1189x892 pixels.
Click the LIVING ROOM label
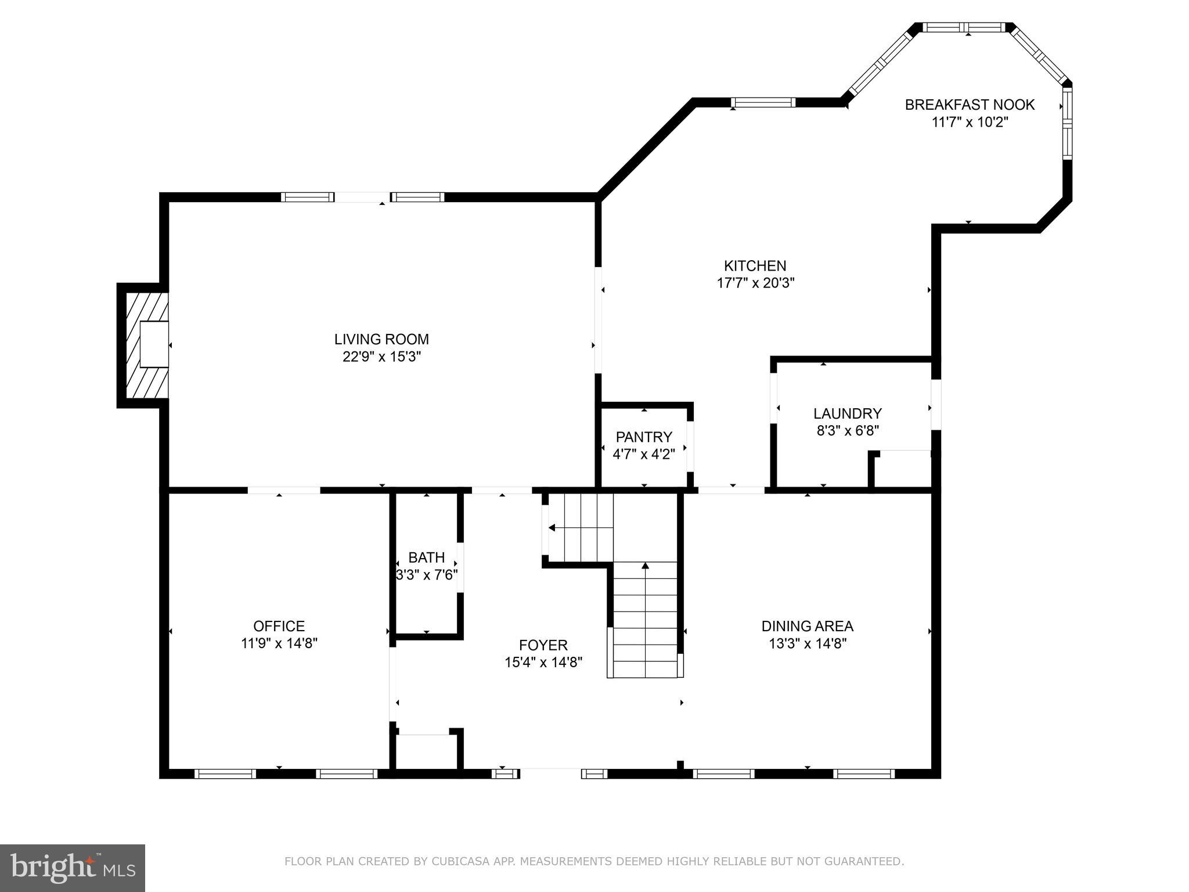(x=381, y=339)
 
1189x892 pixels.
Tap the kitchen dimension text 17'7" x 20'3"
(x=755, y=283)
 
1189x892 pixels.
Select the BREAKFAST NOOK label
(x=970, y=105)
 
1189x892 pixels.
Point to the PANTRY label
(x=644, y=437)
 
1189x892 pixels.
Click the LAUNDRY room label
(x=847, y=413)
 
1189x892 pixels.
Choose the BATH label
(x=426, y=557)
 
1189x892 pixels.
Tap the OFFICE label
(x=279, y=626)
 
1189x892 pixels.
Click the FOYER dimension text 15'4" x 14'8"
(x=543, y=663)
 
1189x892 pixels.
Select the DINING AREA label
(x=807, y=626)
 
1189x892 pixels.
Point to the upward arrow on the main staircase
(x=645, y=566)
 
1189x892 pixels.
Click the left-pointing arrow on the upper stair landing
(x=552, y=528)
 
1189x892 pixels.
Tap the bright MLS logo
(x=73, y=868)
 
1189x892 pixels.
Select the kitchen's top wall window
(x=763, y=103)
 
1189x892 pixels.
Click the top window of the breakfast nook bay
(x=963, y=27)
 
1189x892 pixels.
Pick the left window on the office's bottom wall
(x=225, y=774)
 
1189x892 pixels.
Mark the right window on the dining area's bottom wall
(x=864, y=774)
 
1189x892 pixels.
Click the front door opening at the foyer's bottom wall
(x=550, y=774)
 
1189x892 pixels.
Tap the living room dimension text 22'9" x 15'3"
(x=381, y=357)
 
